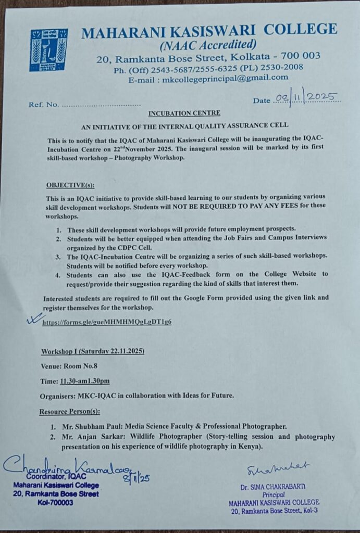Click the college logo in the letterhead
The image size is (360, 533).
48,50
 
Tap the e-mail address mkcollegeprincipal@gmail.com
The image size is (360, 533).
225,78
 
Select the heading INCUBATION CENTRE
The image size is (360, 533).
184,113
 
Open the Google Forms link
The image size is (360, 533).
107,322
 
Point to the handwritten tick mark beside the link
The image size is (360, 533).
34,319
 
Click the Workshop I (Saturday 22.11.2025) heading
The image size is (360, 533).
93,351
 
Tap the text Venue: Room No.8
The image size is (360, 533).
69,366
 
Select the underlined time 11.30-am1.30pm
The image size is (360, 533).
84,381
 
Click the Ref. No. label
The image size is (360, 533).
44,105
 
